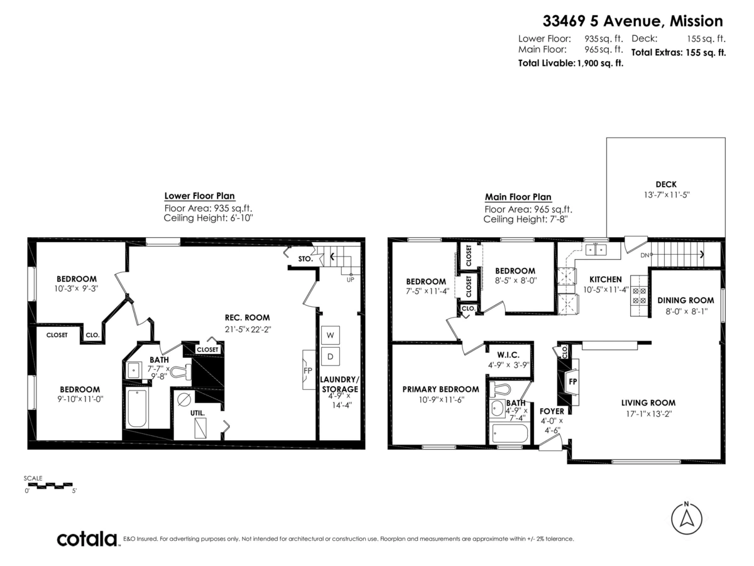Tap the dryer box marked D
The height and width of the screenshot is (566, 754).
tap(330, 357)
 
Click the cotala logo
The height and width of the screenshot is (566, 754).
tap(87, 539)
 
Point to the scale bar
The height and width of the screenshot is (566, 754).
tap(50, 486)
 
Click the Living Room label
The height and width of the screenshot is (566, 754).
tap(648, 403)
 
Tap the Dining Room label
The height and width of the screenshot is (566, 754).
tap(686, 301)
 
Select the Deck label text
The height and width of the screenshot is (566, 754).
tap(665, 184)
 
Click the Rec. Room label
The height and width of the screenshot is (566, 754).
tap(248, 318)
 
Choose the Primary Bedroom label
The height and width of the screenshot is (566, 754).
tap(440, 389)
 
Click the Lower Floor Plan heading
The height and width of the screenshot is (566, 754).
tap(199, 196)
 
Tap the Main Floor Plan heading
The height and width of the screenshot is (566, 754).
tap(518, 197)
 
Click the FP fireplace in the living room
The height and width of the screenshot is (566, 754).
tap(572, 382)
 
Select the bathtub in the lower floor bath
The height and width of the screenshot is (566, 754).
tap(136, 409)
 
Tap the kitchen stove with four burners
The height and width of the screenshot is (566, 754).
tap(638, 296)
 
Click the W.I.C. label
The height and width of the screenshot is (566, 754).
tap(508, 355)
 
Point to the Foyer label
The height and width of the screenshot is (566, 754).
tap(552, 411)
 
